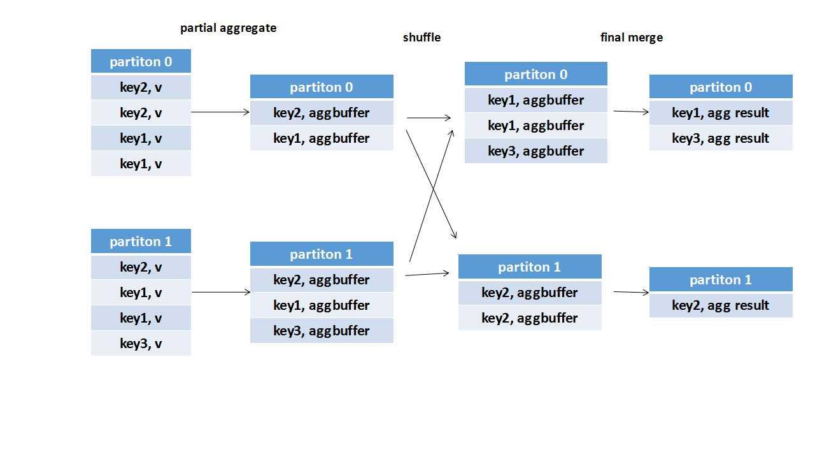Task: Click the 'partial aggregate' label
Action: tap(228, 28)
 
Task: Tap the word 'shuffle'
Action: tap(422, 38)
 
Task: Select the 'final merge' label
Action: tap(631, 38)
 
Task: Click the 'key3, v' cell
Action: tap(141, 344)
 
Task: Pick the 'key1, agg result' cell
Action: tap(720, 113)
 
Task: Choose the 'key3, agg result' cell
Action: tap(720, 138)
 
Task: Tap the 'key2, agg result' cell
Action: tap(720, 305)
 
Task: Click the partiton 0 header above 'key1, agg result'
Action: tap(720, 87)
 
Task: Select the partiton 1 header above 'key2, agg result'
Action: tap(720, 280)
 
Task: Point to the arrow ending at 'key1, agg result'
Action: tap(630, 112)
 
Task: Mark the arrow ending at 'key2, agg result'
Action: tap(630, 293)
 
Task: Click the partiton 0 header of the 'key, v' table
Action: tap(141, 62)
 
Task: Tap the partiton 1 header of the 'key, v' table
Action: tap(141, 242)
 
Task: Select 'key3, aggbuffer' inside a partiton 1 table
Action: tap(322, 331)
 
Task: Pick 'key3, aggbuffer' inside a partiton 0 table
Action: tap(535, 151)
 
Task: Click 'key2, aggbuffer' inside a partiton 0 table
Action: tap(322, 113)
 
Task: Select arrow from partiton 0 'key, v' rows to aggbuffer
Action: tap(220, 112)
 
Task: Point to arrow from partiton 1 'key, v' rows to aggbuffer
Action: tap(220, 292)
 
